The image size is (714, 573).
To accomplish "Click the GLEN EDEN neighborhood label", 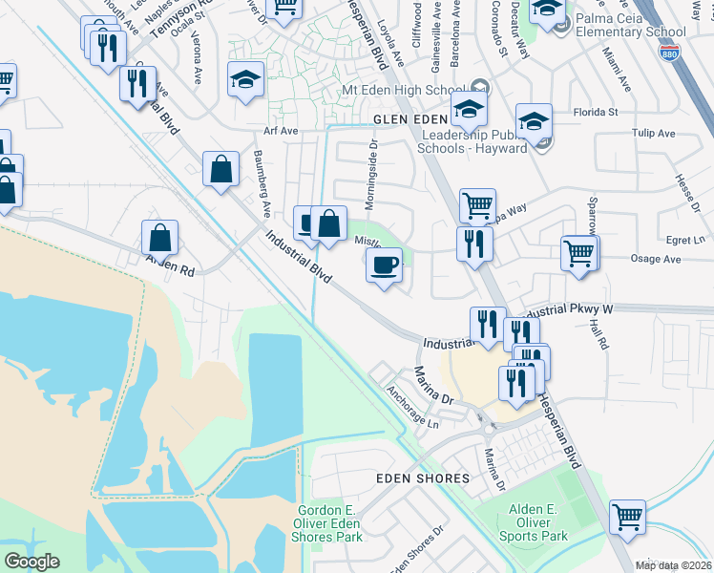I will (410, 118).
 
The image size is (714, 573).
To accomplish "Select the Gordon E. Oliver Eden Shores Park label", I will (330, 524).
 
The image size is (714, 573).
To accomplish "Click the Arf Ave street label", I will (282, 130).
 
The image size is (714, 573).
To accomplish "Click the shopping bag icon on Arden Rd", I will (160, 238).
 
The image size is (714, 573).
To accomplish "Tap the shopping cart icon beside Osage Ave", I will (579, 254).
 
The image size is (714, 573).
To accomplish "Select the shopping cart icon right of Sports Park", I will (627, 518).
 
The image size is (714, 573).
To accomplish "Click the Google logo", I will (31, 562).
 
